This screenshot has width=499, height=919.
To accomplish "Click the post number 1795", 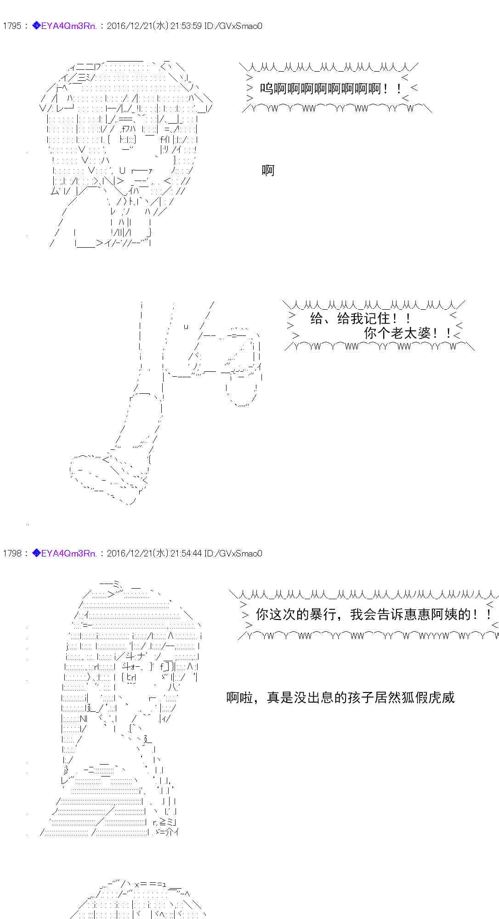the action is point(12,26).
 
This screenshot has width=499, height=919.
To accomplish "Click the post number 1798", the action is point(12,553).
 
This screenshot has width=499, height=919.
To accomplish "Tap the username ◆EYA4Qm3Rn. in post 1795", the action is point(65,26).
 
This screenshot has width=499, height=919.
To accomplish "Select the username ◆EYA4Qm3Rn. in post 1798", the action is point(65,553).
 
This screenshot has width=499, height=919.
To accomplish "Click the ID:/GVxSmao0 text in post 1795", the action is point(233,26).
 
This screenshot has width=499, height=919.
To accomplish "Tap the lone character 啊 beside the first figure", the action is point(268,170).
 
